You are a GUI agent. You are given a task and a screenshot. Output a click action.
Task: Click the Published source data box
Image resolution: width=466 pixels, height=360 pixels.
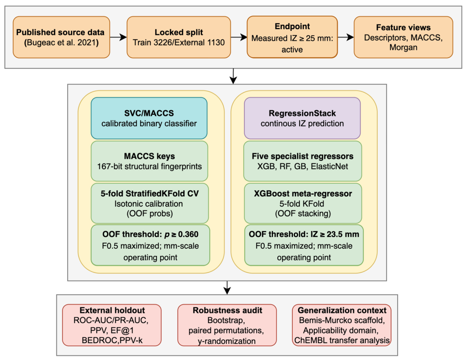[62, 37]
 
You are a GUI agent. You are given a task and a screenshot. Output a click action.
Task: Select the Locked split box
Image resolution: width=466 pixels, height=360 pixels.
[179, 37]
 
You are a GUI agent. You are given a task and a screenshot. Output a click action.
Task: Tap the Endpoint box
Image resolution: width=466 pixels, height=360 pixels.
[292, 37]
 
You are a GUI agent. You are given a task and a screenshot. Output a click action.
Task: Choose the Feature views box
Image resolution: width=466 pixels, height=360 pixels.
[403, 37]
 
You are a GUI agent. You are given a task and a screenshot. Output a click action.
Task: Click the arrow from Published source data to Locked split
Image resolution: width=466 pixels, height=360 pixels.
[118, 37]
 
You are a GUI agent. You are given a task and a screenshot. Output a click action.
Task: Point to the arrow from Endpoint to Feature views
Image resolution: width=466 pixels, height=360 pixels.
[346, 37]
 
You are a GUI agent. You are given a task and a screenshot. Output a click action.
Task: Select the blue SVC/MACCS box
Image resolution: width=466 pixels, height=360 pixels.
[149, 118]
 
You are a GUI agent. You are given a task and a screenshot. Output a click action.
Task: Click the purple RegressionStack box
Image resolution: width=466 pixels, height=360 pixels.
[302, 118]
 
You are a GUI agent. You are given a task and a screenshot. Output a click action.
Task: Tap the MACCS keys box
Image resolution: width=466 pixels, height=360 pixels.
[150, 161]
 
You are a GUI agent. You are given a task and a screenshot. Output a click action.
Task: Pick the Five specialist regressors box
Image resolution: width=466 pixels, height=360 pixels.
[303, 161]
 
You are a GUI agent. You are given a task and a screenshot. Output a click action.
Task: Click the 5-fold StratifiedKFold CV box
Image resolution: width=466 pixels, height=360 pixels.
[150, 204]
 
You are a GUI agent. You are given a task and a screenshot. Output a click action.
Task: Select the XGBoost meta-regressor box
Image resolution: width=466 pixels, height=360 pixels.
[303, 204]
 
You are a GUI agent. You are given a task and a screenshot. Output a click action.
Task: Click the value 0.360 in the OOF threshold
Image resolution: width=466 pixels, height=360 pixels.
[188, 234]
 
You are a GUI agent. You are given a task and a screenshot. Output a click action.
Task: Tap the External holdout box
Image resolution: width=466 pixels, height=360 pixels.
[112, 325]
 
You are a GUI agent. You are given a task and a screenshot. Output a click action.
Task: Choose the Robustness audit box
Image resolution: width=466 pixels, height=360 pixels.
[227, 325]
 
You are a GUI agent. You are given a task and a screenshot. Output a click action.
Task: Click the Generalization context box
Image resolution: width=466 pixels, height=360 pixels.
[342, 325]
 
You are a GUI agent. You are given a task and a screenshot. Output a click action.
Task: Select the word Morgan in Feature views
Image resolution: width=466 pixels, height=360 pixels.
[403, 47]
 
